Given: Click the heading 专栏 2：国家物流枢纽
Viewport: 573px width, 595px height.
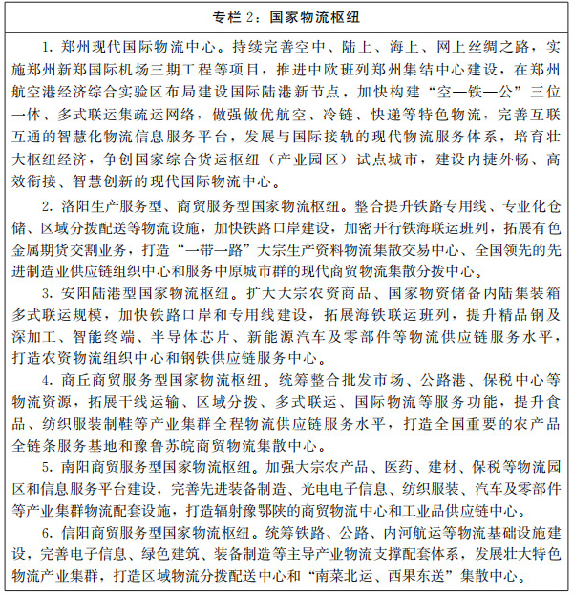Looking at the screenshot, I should [286, 16].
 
